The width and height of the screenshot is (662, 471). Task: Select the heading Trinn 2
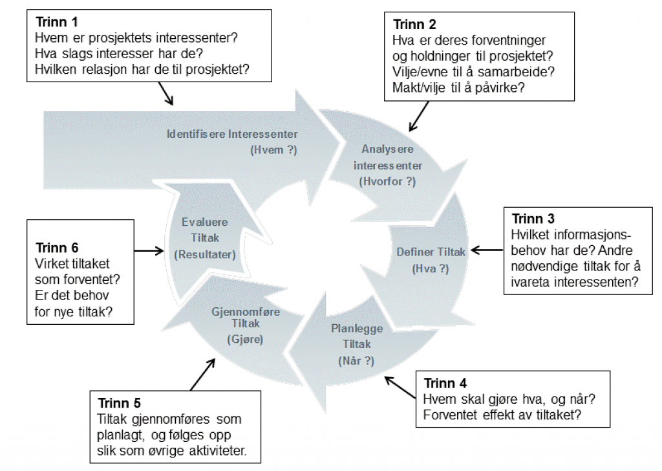(x=414, y=26)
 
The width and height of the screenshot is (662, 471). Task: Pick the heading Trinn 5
(x=119, y=403)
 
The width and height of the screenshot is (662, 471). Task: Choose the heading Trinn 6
(x=57, y=248)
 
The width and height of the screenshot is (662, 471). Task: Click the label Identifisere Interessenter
(x=232, y=135)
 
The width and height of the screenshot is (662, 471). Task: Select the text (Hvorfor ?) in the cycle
(x=387, y=182)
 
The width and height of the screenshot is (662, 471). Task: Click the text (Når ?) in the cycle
(x=356, y=360)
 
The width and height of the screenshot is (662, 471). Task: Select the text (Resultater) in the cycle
(x=204, y=254)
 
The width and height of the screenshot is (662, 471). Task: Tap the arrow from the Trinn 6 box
(x=149, y=250)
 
